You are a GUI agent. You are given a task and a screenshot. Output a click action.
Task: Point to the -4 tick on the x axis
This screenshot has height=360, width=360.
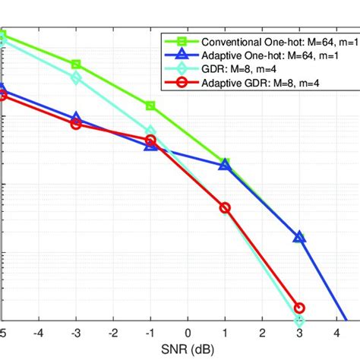(39, 333)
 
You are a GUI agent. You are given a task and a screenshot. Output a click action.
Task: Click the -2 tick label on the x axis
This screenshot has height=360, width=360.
(113, 333)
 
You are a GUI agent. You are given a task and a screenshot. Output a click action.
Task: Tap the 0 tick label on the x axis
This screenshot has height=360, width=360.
(188, 333)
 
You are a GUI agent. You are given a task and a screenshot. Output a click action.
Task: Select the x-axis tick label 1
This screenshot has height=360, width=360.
(225, 333)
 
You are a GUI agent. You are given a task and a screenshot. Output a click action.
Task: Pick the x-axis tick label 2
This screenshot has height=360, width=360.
(262, 333)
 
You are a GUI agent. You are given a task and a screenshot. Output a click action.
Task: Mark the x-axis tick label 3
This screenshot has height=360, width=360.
(299, 333)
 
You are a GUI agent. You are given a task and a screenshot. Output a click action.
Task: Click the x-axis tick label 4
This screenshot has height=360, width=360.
(336, 333)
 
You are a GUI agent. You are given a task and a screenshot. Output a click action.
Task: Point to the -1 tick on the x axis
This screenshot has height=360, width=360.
(150, 333)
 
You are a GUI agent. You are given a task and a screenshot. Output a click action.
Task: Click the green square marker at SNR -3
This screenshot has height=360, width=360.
(76, 65)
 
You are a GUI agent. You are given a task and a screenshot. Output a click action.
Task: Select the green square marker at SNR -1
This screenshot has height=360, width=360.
(150, 106)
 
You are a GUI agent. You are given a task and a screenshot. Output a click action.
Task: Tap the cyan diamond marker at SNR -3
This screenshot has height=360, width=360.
(76, 77)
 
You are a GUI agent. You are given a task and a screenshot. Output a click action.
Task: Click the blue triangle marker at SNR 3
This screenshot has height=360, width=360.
(299, 237)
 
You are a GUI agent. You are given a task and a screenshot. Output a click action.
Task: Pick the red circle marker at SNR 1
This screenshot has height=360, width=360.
(225, 207)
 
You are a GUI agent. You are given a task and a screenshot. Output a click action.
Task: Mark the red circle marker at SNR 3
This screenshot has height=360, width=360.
(299, 308)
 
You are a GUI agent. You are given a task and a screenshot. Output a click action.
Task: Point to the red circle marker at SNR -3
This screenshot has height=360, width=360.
(76, 124)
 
